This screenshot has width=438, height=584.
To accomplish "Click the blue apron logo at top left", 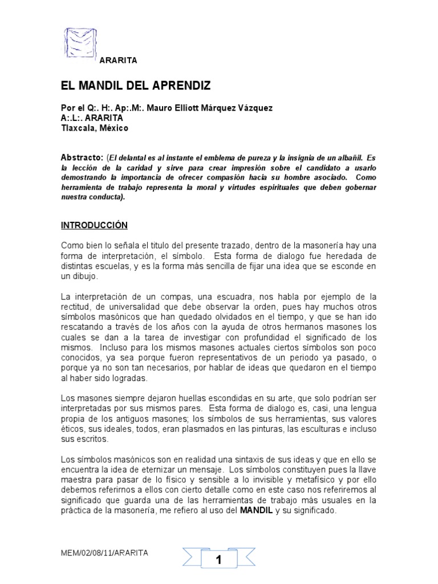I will (x=78, y=43).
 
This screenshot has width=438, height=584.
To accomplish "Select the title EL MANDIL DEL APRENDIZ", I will (x=136, y=86).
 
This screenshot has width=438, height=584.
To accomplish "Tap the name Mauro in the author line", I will (x=159, y=108).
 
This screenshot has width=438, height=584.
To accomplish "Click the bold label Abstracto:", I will (x=82, y=157).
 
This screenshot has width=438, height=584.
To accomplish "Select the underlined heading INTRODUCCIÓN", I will (x=94, y=225).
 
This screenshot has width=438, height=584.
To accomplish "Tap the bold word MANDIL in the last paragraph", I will (x=257, y=512).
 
